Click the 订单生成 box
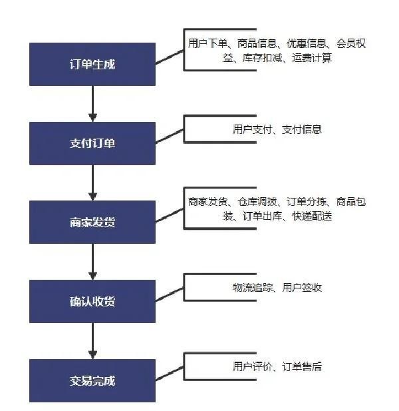point(92,64)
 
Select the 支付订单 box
point(92,143)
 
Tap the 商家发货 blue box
point(92,222)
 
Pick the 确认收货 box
point(92,302)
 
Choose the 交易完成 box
point(92,380)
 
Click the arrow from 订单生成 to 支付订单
point(93,104)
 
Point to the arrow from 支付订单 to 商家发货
point(93,183)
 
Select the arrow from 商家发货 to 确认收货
point(93,262)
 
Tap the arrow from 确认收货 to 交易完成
point(93,341)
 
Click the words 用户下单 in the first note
point(207,43)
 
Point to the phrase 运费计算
point(312,58)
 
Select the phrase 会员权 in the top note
point(351,43)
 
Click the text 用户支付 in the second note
point(252,129)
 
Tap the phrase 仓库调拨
point(257,202)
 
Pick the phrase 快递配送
point(312,216)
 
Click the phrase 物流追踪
point(252,288)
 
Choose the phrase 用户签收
point(302,288)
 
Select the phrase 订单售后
point(302,366)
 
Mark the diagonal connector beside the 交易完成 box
point(170,373)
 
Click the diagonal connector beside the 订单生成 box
point(170,57)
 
